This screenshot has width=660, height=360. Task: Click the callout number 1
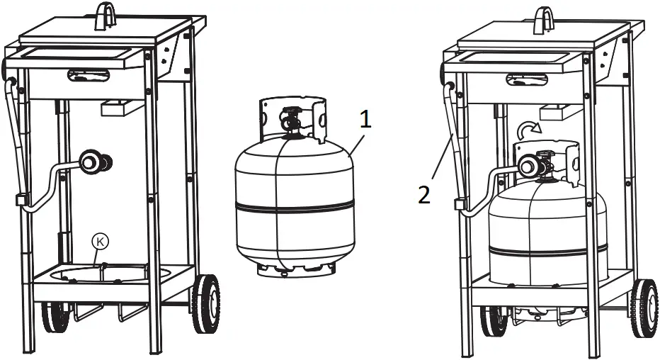(x=365, y=119)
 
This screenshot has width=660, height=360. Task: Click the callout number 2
(x=423, y=194)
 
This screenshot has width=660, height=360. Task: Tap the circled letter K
(x=101, y=242)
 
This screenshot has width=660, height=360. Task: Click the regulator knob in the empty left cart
(x=92, y=162)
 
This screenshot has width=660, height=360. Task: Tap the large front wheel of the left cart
(x=206, y=303)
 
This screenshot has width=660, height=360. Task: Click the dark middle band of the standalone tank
(x=294, y=206)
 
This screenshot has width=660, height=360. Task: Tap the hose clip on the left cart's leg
(x=21, y=199)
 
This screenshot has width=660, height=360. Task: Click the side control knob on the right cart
(x=446, y=72)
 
